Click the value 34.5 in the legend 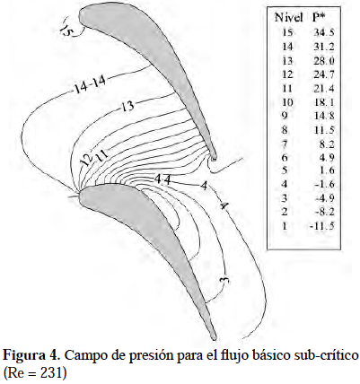point(324,32)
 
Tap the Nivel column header point(289,18)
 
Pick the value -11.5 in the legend point(321,226)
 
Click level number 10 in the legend point(287,102)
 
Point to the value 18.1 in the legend point(324,102)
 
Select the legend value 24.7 point(324,74)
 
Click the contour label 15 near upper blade point(66,30)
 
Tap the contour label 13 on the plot point(127,106)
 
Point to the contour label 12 point(85,160)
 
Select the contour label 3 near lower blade point(224,280)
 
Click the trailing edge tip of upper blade point(214,158)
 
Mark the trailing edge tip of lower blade point(214,338)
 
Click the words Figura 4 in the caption point(29,355)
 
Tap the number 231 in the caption point(52,373)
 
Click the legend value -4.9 point(324,198)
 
